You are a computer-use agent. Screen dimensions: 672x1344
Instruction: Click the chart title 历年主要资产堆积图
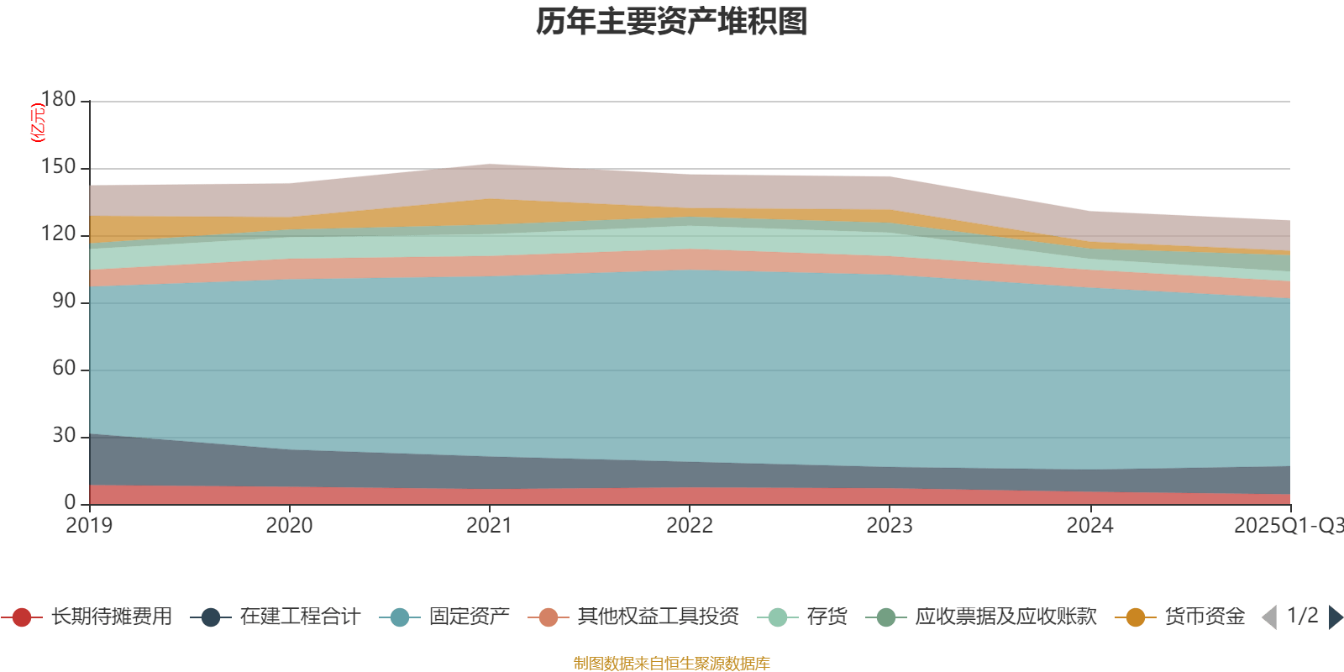coord(672,22)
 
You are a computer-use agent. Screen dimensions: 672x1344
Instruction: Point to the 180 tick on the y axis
coord(58,99)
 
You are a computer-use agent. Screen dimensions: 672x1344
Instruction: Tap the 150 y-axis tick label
coord(58,167)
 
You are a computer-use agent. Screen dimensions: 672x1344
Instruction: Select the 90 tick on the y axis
coord(64,302)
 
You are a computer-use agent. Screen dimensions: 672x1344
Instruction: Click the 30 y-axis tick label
coord(64,436)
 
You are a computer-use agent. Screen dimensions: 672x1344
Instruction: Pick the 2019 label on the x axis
coord(89,526)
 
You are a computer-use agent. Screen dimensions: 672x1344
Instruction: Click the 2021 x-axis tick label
coord(489,526)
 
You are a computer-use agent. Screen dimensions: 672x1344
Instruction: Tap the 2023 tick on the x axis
coord(890,526)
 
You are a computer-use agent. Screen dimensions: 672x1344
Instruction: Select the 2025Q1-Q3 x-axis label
coord(1288,526)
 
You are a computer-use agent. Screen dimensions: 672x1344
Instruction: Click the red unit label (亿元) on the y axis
coord(37,123)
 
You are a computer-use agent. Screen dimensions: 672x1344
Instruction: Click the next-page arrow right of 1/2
coord(1335,617)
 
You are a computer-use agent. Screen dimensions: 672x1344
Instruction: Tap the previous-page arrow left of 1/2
coord(1269,617)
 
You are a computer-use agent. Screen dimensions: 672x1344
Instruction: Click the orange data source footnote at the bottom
coord(672,664)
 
